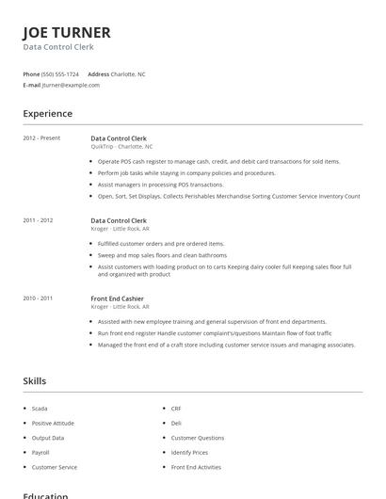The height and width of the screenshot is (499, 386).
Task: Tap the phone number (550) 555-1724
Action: pyautogui.click(x=61, y=73)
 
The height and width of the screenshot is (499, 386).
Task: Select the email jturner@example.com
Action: pyautogui.click(x=71, y=85)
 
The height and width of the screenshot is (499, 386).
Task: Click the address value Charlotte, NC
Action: pyautogui.click(x=129, y=73)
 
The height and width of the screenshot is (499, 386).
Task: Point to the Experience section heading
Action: pyautogui.click(x=47, y=114)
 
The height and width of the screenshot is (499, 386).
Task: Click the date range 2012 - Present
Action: pyautogui.click(x=41, y=138)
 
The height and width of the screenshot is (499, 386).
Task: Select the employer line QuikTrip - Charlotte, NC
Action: pyautogui.click(x=121, y=147)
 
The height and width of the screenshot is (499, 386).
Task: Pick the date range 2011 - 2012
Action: pyautogui.click(x=38, y=220)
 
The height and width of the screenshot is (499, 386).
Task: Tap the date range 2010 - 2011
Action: pyautogui.click(x=38, y=298)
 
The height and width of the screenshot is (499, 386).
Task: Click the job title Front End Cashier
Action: pyautogui.click(x=117, y=298)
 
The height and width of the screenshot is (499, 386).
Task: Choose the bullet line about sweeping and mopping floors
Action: pyautogui.click(x=162, y=255)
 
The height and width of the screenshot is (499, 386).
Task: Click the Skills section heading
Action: pyautogui.click(x=34, y=381)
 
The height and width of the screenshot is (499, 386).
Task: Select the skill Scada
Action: pyautogui.click(x=40, y=409)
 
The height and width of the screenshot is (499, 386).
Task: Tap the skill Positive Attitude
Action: pyautogui.click(x=53, y=423)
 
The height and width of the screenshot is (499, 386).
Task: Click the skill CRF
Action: pyautogui.click(x=176, y=409)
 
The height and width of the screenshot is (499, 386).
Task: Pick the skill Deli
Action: pyautogui.click(x=176, y=423)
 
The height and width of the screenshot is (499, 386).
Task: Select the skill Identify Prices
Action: pyautogui.click(x=189, y=452)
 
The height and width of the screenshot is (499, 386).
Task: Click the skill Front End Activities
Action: pyautogui.click(x=197, y=467)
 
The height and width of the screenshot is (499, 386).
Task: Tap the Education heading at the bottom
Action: pyautogui.click(x=45, y=495)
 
